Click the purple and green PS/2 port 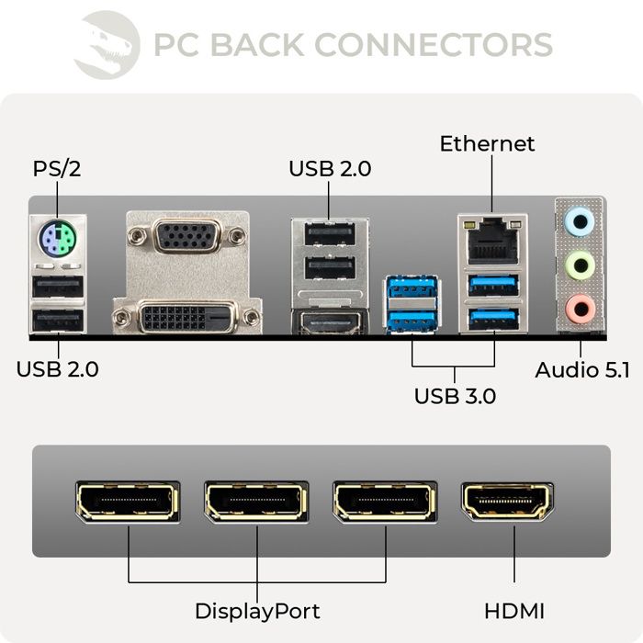(x=57, y=243)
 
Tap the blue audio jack (x=579, y=221)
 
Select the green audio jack (x=579, y=266)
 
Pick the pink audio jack (x=579, y=310)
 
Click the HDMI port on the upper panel (x=329, y=323)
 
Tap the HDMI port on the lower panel (x=508, y=502)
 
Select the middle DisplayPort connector (x=256, y=502)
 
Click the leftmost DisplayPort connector (x=128, y=502)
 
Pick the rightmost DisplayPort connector (x=385, y=502)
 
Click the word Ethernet (x=487, y=144)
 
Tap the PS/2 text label (x=57, y=169)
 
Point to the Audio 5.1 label (x=582, y=371)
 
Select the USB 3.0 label (x=455, y=397)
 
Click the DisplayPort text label (x=257, y=611)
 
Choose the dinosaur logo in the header (x=106, y=43)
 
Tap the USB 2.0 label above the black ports (x=330, y=169)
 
